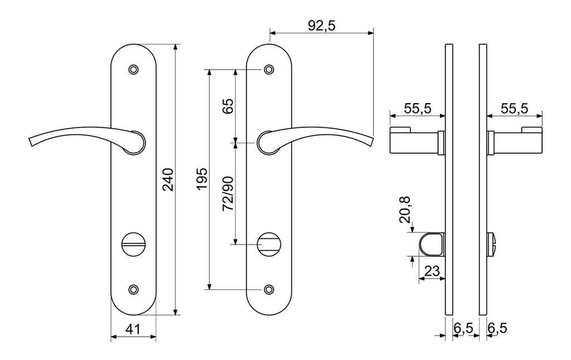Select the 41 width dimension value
click(x=132, y=329)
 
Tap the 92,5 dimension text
click(x=321, y=26)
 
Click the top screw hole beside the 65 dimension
click(x=269, y=70)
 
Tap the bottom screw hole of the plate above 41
click(x=133, y=289)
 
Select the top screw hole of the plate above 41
click(x=133, y=70)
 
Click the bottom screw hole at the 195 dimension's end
click(x=269, y=289)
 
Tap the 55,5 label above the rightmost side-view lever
click(x=514, y=109)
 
